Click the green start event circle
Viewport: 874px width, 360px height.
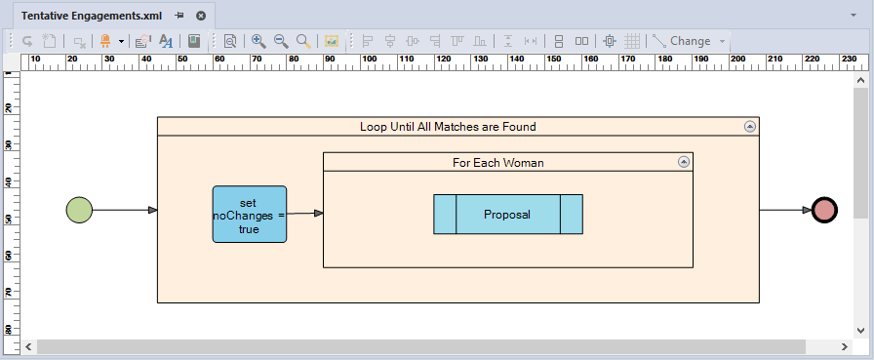coord(79,210)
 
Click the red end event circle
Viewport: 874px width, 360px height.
coord(824,210)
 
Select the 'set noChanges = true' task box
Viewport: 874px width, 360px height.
coord(250,214)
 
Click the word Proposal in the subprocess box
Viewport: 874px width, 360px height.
coord(507,215)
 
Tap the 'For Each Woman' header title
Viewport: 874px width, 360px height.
coord(498,163)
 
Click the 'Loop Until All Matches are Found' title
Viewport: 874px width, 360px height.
coord(448,127)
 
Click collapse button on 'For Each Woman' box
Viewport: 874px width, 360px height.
coord(684,162)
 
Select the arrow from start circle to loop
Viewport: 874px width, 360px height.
coord(125,210)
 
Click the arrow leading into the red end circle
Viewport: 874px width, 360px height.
coord(785,210)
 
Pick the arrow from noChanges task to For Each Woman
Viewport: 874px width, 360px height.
coord(305,214)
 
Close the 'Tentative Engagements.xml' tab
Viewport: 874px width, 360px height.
coord(201,16)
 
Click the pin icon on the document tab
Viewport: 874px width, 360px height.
coord(179,16)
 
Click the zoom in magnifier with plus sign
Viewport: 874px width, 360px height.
coord(258,41)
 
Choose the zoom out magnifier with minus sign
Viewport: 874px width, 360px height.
coord(281,41)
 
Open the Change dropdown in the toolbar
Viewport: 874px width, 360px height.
coord(723,41)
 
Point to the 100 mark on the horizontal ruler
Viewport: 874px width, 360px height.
coord(369,59)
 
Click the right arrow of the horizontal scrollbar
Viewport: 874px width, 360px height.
coord(846,346)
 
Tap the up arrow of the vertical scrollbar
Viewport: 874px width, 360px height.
coord(860,81)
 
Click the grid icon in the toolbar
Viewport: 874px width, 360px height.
coord(631,41)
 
